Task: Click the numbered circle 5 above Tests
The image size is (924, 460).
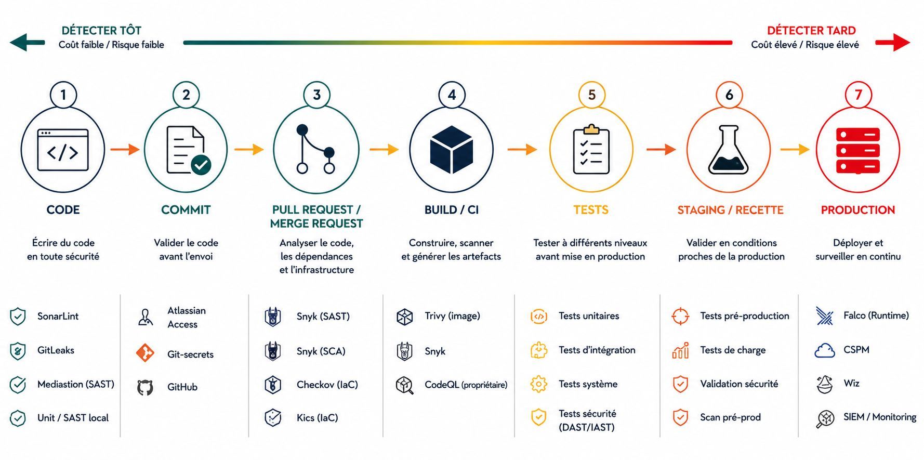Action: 591,95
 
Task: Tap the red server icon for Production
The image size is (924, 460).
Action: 857,150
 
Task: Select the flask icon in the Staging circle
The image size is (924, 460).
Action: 729,150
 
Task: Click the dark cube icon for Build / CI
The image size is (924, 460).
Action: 452,150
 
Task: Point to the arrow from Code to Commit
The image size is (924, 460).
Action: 125,150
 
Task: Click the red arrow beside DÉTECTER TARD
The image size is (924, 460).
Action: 892,43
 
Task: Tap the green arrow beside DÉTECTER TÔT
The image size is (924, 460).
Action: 28,43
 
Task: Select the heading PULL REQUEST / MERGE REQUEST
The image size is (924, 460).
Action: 316,217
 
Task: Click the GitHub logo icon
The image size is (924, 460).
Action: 145,387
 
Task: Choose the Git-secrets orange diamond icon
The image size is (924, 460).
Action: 145,353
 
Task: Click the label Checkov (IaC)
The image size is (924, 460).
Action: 327,385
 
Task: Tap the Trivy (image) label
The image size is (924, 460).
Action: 452,316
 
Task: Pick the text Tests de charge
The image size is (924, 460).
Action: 733,350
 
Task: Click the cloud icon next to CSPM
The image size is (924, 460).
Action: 825,351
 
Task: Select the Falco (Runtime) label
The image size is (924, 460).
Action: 876,316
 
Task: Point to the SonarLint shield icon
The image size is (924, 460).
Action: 18,317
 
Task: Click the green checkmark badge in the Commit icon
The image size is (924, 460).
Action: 201,165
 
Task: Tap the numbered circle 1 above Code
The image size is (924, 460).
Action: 63,95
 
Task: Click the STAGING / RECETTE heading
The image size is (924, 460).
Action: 730,210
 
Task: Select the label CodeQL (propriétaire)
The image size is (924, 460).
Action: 466,385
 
